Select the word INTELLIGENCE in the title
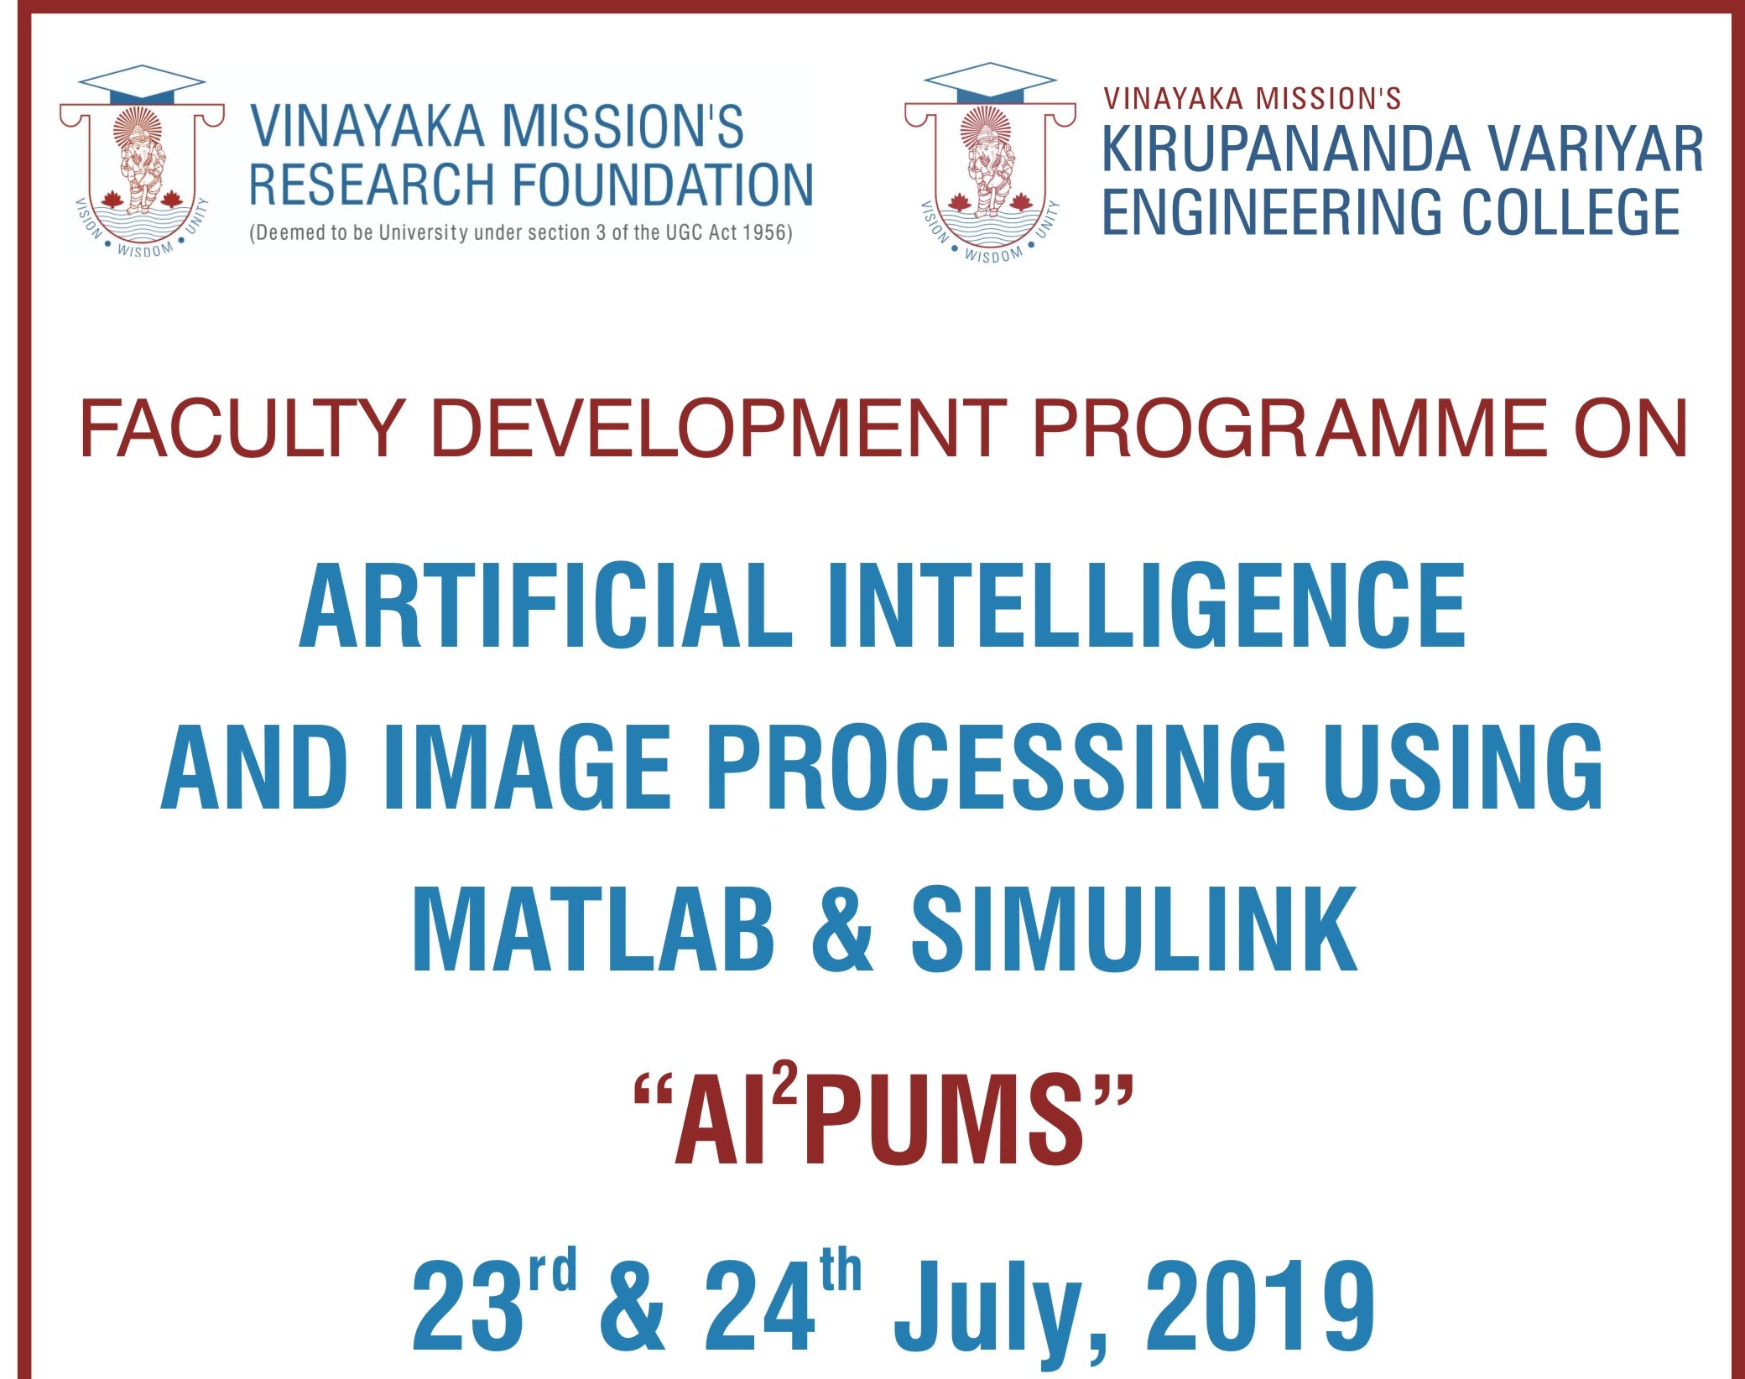coord(1146,605)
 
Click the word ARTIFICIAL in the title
coord(545,605)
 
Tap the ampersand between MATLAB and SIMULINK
coord(842,929)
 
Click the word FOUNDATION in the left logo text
coord(662,185)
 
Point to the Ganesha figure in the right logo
coord(991,169)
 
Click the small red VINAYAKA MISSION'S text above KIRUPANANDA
coord(1253,99)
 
